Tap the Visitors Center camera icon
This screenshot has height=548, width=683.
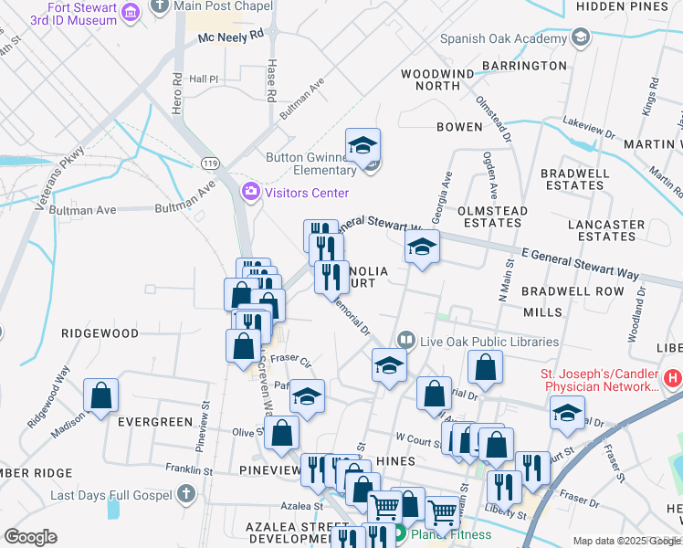tap(249, 192)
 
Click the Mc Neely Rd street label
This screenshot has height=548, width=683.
tap(230, 37)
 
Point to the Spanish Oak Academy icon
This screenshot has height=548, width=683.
tap(579, 38)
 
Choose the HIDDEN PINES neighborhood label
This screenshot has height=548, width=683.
tap(629, 6)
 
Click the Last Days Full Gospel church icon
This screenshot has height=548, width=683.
tap(185, 495)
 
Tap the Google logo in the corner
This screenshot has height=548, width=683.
tap(30, 537)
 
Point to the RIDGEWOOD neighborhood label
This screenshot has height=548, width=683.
tap(100, 334)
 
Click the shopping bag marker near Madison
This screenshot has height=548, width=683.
tap(100, 395)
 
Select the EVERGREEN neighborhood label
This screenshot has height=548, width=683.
tap(154, 422)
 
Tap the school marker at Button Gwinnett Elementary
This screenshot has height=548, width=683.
tap(363, 146)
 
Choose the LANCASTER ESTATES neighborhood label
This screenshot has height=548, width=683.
tap(605, 230)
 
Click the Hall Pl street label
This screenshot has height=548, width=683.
tap(204, 79)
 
